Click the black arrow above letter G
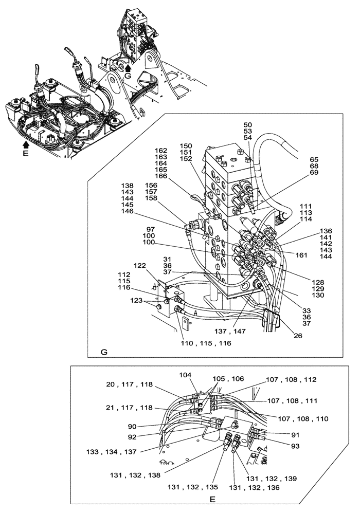click(x=128, y=66)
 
